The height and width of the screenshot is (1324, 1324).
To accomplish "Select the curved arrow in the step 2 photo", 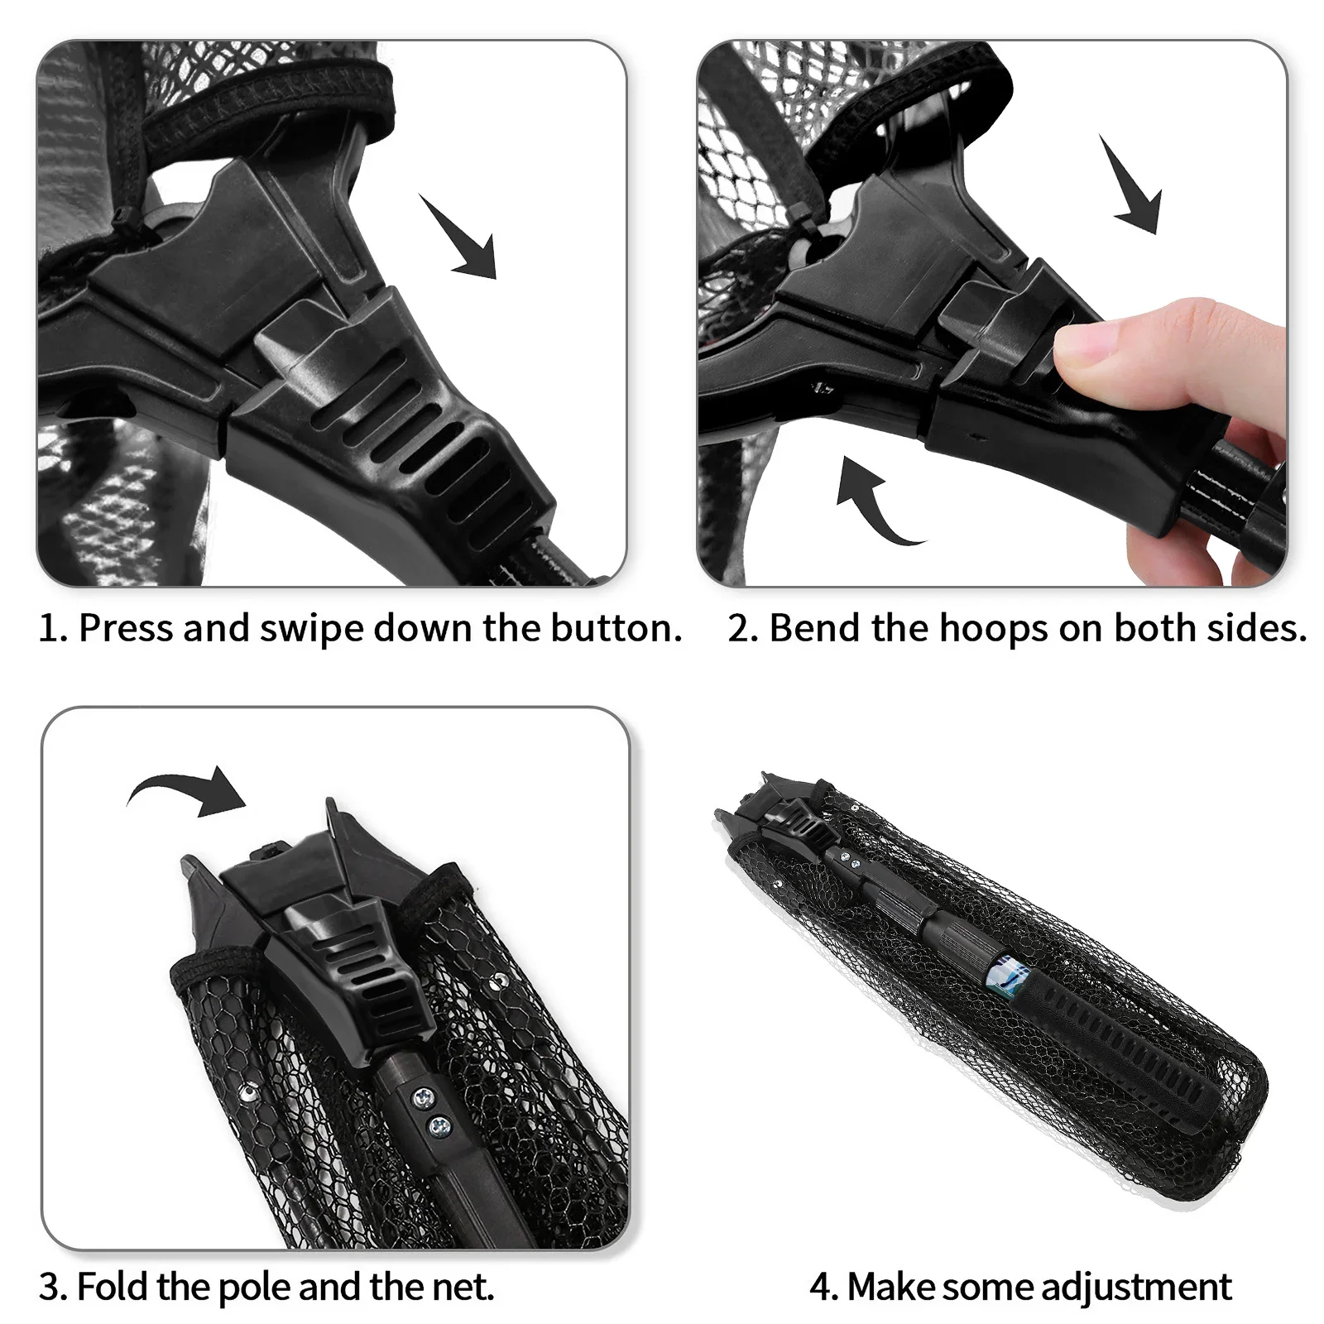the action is click(x=876, y=501).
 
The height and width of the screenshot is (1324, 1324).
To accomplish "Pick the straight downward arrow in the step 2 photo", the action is click(x=1131, y=184).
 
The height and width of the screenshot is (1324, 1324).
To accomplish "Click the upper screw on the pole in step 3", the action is click(x=424, y=1096).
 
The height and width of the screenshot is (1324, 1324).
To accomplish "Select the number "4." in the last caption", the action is click(x=823, y=1288).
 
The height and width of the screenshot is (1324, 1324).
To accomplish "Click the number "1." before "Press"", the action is click(x=53, y=629).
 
